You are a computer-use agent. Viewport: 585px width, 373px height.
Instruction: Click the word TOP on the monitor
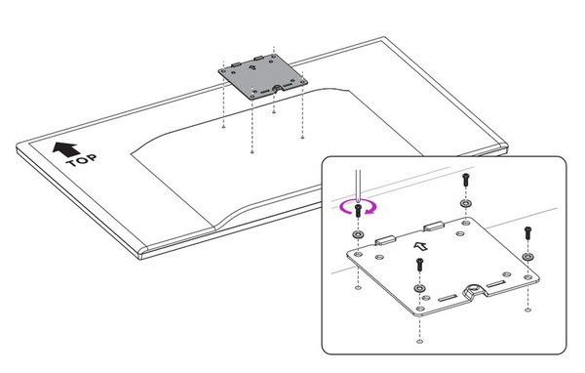[x=81, y=160]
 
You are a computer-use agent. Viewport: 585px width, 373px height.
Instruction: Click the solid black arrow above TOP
[x=65, y=148]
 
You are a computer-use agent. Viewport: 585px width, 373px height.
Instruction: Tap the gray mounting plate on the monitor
[x=263, y=76]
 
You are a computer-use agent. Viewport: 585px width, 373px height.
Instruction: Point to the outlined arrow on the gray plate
[x=253, y=67]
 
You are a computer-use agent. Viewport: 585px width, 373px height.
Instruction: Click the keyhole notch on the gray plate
[x=277, y=89]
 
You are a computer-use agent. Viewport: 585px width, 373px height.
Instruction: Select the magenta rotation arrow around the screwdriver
[x=358, y=207]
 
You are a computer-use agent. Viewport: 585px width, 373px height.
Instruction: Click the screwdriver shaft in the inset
[x=358, y=186]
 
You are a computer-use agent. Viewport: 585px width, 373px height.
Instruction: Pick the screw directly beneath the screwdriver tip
[x=358, y=210]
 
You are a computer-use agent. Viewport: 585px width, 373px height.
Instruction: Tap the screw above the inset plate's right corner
[x=527, y=232]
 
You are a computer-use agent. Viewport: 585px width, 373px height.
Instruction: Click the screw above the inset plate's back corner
[x=465, y=180]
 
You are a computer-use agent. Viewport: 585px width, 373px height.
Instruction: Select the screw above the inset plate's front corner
[x=419, y=265]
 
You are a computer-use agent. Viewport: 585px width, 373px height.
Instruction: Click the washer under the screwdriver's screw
[x=358, y=235]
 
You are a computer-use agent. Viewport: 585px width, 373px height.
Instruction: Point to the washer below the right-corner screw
[x=527, y=257]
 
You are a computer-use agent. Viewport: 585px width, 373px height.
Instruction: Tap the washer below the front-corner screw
[x=419, y=288]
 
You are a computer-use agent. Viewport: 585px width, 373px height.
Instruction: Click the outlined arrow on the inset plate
[x=421, y=246]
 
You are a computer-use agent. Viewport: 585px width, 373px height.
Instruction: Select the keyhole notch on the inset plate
[x=475, y=290]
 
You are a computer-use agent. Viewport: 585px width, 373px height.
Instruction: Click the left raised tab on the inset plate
[x=385, y=239]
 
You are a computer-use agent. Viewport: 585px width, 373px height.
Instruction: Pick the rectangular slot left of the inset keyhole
[x=448, y=298]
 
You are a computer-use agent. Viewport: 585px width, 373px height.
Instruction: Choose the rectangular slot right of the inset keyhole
[x=496, y=284]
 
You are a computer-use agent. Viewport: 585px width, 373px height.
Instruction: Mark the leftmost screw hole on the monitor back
[x=223, y=127]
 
